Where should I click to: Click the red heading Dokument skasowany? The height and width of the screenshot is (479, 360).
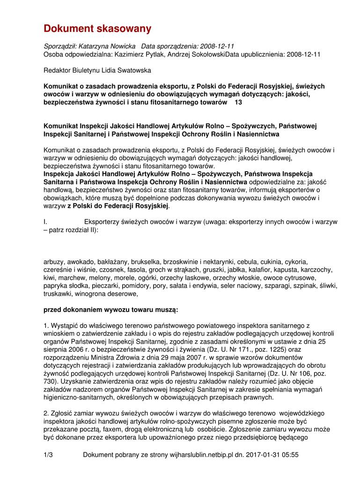point(97,29)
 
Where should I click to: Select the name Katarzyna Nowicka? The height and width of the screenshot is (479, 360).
point(107,46)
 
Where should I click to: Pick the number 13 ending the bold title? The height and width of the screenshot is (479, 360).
point(238,102)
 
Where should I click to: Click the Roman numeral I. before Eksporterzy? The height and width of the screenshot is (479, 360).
point(46,222)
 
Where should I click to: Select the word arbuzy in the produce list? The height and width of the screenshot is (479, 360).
point(54,262)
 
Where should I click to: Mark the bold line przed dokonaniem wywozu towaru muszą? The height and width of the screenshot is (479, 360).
point(110,310)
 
